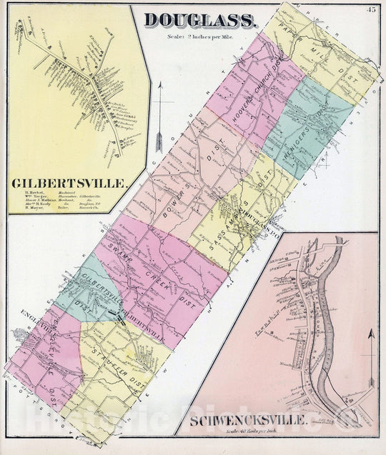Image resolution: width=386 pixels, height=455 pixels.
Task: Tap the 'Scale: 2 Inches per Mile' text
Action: point(202,36)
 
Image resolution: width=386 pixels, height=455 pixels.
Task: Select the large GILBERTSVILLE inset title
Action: point(69,184)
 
